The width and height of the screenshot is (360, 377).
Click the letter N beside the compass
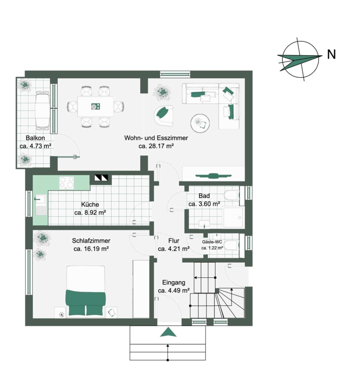tap(332, 54)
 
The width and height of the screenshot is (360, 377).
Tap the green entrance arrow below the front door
tap(168, 332)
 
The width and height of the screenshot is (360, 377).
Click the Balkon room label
tap(35, 138)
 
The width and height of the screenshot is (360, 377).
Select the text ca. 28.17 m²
tap(156, 146)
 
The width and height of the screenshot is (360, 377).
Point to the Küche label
tap(90, 204)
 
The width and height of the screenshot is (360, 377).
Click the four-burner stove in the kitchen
tap(67, 183)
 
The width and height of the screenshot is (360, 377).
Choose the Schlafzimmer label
tap(91, 241)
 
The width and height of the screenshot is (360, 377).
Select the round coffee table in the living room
tap(200, 123)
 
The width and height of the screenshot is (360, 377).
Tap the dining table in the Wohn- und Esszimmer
tap(95, 106)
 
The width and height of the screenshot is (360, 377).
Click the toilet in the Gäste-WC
tap(231, 245)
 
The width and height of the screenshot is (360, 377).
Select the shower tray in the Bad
tap(234, 217)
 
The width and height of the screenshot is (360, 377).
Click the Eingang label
tap(174, 282)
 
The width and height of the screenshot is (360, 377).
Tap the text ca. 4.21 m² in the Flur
tap(174, 249)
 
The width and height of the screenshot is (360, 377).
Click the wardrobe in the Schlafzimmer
tap(141, 289)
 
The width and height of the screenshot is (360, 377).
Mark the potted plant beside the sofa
tap(162, 93)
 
